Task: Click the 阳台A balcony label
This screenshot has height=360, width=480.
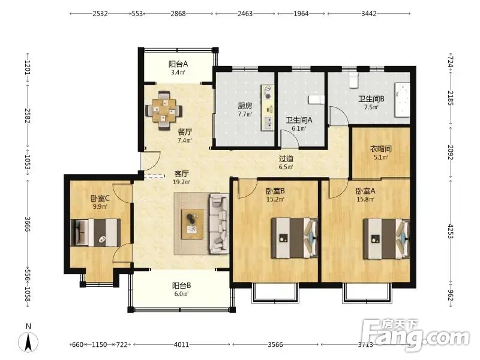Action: pyautogui.click(x=178, y=64)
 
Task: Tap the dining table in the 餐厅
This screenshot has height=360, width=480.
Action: pyautogui.click(x=164, y=110)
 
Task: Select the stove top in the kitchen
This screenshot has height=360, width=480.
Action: pyautogui.click(x=268, y=92)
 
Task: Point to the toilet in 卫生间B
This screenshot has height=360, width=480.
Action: pyautogui.click(x=353, y=80)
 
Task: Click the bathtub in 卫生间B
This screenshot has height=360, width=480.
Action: pyautogui.click(x=402, y=100)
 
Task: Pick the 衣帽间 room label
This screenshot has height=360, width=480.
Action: pyautogui.click(x=381, y=149)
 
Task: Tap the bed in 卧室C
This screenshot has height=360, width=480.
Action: pyautogui.click(x=95, y=232)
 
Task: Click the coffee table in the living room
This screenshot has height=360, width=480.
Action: pyautogui.click(x=193, y=224)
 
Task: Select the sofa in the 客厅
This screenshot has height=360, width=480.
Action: pyautogui.click(x=219, y=223)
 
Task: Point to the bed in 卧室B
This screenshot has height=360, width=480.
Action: pyautogui.click(x=295, y=238)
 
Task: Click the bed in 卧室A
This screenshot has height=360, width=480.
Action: pyautogui.click(x=386, y=238)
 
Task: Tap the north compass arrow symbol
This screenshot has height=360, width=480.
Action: pyautogui.click(x=28, y=341)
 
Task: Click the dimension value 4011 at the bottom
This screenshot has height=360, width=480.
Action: pyautogui.click(x=182, y=344)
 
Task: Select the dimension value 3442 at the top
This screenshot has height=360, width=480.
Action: pyautogui.click(x=368, y=13)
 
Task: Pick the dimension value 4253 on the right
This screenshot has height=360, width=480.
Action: pyautogui.click(x=451, y=231)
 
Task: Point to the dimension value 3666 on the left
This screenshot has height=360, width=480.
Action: pyautogui.click(x=28, y=224)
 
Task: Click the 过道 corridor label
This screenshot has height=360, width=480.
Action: pyautogui.click(x=286, y=158)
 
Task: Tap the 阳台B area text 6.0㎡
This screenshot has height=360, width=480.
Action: pyautogui.click(x=181, y=294)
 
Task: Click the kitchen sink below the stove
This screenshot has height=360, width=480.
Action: pyautogui.click(x=268, y=123)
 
